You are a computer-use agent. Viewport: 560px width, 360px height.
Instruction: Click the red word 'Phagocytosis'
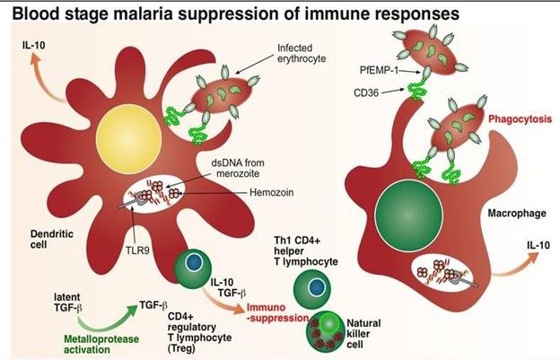[x=514, y=119]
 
